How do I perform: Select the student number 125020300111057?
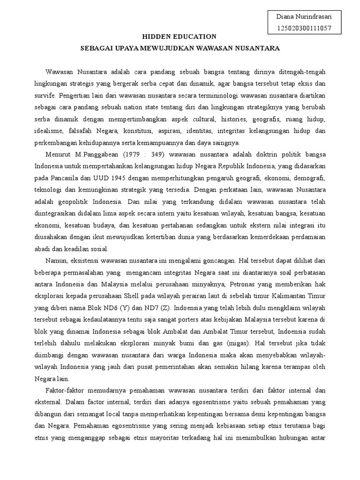click(x=304, y=28)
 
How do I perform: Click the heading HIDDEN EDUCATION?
click(x=180, y=37)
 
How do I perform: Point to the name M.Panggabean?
click(x=91, y=154)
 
